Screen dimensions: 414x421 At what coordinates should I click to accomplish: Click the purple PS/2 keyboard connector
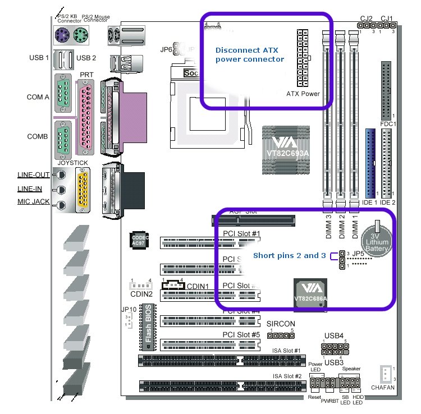[x=61, y=35]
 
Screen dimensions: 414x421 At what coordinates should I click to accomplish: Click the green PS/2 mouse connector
[x=79, y=35]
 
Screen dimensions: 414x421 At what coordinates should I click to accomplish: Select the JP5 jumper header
[x=341, y=260]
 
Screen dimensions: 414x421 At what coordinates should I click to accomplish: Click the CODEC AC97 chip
[x=138, y=240]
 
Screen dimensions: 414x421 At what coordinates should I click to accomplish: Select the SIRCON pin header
[x=277, y=335]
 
